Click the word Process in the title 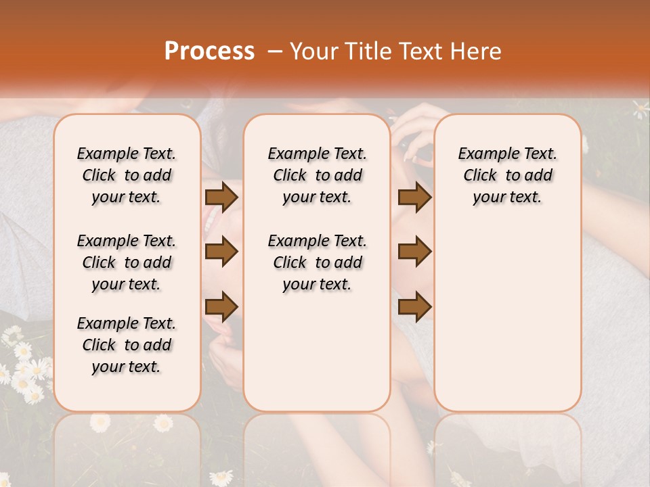[209, 51]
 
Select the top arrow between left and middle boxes [221, 197]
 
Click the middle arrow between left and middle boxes [221, 252]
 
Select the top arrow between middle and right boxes [414, 197]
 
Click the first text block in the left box [127, 175]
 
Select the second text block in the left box [127, 262]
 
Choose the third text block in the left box [127, 345]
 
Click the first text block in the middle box [317, 175]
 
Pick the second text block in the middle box [317, 262]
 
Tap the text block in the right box [507, 175]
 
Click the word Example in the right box [485, 154]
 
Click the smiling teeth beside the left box [212, 218]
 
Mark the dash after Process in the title [275, 51]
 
